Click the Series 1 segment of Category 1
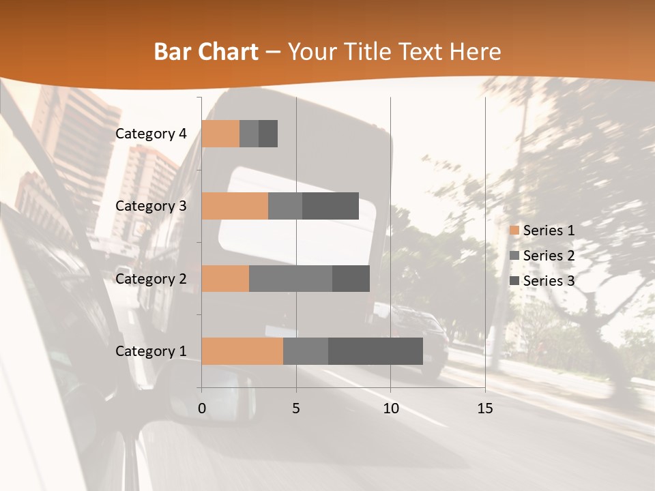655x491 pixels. tap(242, 351)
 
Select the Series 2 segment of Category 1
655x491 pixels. tap(306, 351)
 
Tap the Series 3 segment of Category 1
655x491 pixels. tap(375, 351)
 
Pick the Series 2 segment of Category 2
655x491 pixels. tap(291, 278)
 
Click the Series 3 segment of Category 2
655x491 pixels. tap(351, 278)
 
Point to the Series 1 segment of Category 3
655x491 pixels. tap(235, 206)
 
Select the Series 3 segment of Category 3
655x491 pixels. tap(330, 206)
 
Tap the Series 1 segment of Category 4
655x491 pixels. tap(220, 134)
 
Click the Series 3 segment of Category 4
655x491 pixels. tap(268, 134)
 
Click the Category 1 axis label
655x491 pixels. tap(151, 351)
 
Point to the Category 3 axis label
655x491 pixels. tap(151, 206)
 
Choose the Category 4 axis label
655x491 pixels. tap(151, 134)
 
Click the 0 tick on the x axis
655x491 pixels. tap(202, 408)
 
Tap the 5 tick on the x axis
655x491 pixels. tap(296, 408)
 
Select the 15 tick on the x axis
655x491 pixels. tap(485, 408)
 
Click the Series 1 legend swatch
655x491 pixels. tap(514, 230)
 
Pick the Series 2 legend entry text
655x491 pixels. tap(549, 256)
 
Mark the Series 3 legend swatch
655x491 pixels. tap(514, 281)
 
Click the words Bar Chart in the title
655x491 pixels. tap(206, 52)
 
